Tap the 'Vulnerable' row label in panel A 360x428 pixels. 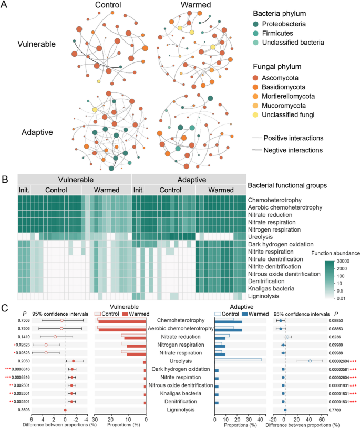(x=36, y=44)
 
